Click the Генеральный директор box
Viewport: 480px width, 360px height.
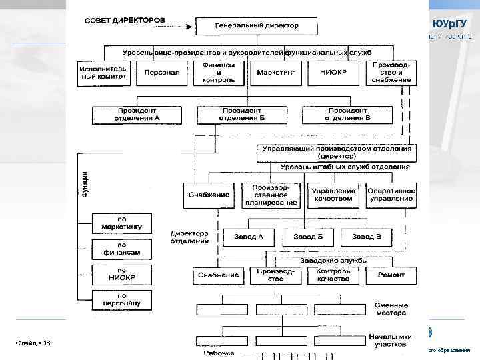pyautogui.click(x=257, y=26)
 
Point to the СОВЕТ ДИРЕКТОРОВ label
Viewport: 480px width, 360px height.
pyautogui.click(x=124, y=20)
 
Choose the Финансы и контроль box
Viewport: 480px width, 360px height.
pyautogui.click(x=215, y=73)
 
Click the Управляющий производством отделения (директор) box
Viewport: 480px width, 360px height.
pyautogui.click(x=337, y=152)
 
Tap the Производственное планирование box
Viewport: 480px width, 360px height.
pyautogui.click(x=271, y=195)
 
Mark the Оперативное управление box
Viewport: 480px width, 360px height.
pyautogui.click(x=391, y=194)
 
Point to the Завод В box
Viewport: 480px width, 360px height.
pyautogui.click(x=367, y=237)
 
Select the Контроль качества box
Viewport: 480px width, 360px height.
pyautogui.click(x=333, y=275)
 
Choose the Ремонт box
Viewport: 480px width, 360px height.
pyautogui.click(x=391, y=275)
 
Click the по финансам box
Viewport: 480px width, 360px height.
pyautogui.click(x=122, y=249)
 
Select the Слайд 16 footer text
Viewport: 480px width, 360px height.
pyautogui.click(x=33, y=343)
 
